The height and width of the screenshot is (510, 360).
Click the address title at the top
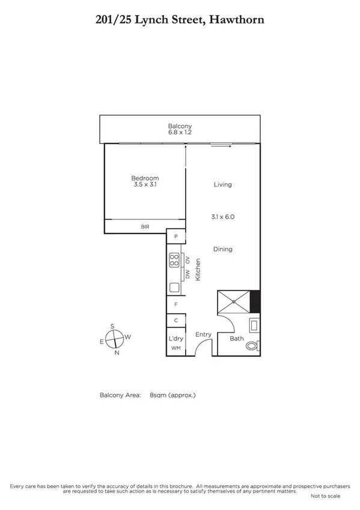[180, 20]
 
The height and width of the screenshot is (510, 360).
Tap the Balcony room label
[180, 126]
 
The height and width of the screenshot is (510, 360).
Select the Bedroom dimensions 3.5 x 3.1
[145, 185]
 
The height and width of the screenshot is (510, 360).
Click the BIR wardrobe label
[145, 227]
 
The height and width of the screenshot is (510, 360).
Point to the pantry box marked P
[176, 237]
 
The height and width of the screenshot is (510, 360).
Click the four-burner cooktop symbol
[175, 260]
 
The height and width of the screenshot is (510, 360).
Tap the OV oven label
[188, 260]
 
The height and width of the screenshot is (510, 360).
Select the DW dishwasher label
[188, 274]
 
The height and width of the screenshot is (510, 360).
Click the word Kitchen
[197, 268]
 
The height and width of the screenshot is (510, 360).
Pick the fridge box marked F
[176, 305]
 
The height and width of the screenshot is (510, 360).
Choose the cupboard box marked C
[176, 321]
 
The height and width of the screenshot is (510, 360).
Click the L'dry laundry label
[175, 339]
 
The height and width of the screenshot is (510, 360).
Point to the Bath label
[237, 339]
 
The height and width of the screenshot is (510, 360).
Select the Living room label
[222, 185]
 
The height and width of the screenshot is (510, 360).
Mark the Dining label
[222, 249]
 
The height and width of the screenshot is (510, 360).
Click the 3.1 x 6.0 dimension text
[222, 217]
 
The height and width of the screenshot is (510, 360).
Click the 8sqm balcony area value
[172, 395]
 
